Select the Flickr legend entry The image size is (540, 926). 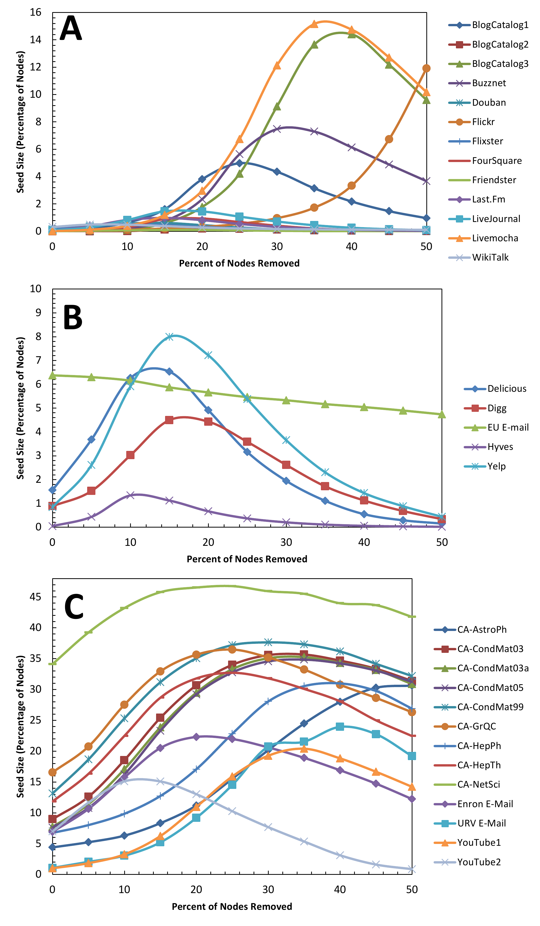pyautogui.click(x=483, y=122)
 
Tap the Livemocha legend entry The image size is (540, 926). pyautogui.click(x=494, y=238)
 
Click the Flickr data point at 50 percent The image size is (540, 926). pyautogui.click(x=426, y=68)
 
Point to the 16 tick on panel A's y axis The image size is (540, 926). pyautogui.click(x=36, y=13)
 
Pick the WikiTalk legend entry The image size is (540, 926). pyautogui.click(x=490, y=257)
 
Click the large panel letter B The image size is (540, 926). pyautogui.click(x=73, y=317)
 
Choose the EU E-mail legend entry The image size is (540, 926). pyautogui.click(x=508, y=427)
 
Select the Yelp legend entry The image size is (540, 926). pyautogui.click(x=496, y=466)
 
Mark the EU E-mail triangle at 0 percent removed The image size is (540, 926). pyautogui.click(x=52, y=375)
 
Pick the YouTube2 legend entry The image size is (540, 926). pyautogui.click(x=479, y=862)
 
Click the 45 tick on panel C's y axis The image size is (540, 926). pyautogui.click(x=36, y=597)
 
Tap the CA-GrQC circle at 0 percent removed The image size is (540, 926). pyautogui.click(x=52, y=772)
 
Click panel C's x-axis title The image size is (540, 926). pyautogui.click(x=232, y=906)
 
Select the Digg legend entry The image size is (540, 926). pyautogui.click(x=497, y=408)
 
